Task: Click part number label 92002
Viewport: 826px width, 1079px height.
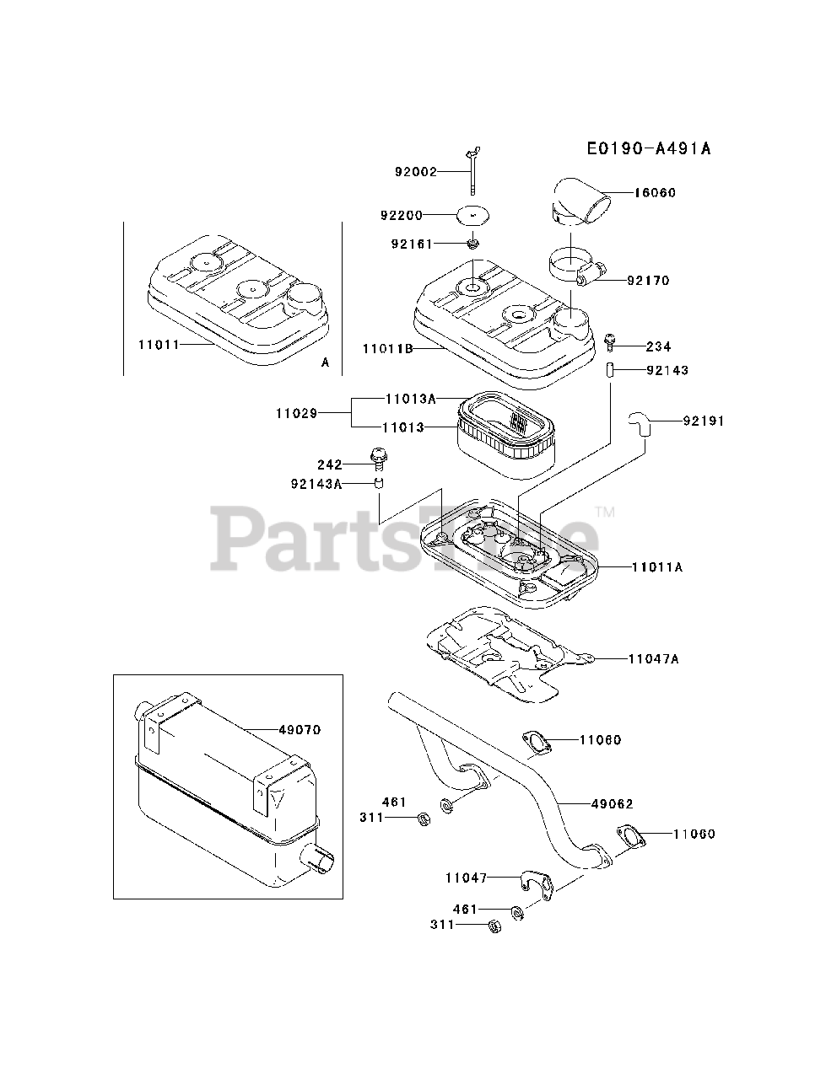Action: pos(416,172)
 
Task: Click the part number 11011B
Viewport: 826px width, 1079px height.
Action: pos(387,348)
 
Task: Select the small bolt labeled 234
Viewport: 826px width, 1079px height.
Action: pos(610,341)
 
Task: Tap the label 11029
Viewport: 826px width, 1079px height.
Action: pos(295,413)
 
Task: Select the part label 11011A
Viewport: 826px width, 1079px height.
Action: pos(656,567)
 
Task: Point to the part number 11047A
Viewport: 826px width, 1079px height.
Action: pos(653,658)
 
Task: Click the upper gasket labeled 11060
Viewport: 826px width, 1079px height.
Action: pos(536,742)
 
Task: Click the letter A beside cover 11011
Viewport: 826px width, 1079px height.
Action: pos(325,362)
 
